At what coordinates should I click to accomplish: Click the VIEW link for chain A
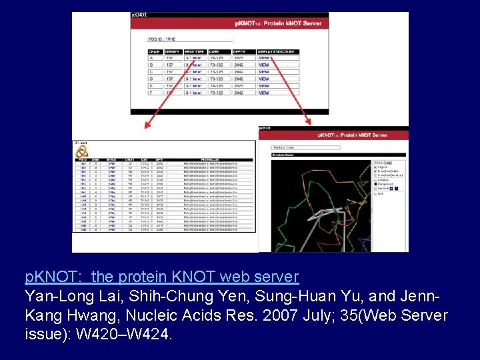click(x=264, y=58)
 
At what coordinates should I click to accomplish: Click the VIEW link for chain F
click(x=264, y=93)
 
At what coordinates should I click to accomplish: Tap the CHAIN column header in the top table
click(x=155, y=51)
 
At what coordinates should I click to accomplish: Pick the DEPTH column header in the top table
click(x=239, y=51)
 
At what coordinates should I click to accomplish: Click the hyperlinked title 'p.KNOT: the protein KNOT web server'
click(x=162, y=276)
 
